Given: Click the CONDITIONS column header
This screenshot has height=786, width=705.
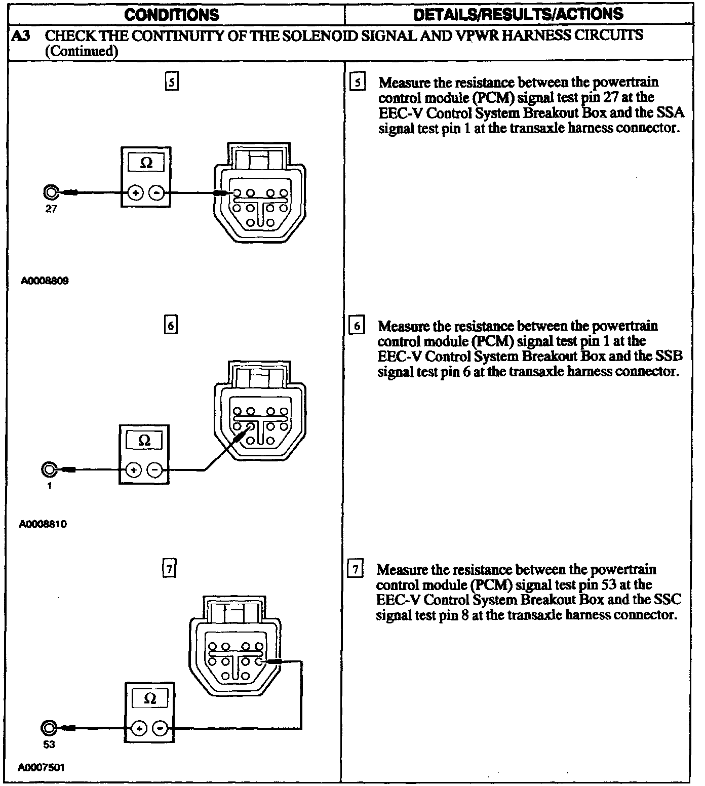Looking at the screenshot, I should click(172, 14).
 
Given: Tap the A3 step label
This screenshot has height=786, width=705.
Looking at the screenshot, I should click(20, 36).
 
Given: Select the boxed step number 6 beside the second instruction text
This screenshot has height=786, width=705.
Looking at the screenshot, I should click(357, 326).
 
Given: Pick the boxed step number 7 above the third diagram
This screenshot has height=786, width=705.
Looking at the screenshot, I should click(169, 570).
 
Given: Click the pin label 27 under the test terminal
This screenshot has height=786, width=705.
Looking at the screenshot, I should click(51, 209).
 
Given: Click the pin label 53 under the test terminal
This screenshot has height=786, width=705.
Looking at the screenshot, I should click(49, 744).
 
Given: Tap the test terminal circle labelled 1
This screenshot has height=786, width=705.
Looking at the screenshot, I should click(49, 470).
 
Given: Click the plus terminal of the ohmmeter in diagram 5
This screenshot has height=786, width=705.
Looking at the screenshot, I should click(135, 193).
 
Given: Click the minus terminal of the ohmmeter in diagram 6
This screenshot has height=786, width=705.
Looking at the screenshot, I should click(155, 470).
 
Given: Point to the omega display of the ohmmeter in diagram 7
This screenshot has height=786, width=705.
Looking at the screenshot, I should click(150, 699).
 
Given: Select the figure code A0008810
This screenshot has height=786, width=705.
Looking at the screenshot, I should click(43, 524).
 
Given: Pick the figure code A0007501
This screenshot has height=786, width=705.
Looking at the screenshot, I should click(41, 767).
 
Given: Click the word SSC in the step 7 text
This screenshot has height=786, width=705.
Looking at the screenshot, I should click(668, 600).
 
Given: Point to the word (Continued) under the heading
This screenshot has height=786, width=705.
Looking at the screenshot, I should click(82, 51).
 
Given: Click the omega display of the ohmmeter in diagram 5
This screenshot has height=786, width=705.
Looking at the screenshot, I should click(146, 163).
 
